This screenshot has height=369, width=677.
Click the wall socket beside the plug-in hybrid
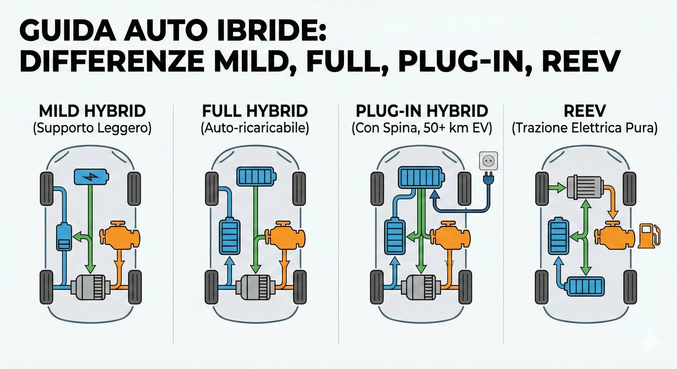coord(488,161)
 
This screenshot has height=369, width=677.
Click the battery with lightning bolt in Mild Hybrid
coord(91,177)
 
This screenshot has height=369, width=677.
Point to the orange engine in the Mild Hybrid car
coord(119,236)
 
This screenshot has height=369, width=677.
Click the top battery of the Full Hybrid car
coord(256,177)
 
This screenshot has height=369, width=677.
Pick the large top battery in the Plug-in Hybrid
coord(421,178)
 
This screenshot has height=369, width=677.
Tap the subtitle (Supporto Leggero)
coord(92,128)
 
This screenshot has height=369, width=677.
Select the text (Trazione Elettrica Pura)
coord(585,128)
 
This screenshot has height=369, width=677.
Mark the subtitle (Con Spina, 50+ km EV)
coord(421,128)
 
